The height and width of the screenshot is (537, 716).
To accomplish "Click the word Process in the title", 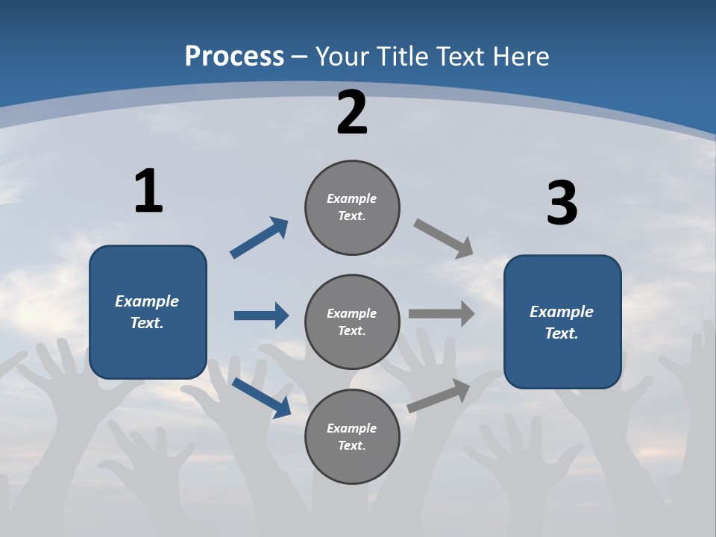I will [x=234, y=57].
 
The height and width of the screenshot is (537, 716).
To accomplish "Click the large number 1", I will [x=148, y=192].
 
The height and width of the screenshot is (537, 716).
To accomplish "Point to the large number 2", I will [x=352, y=113].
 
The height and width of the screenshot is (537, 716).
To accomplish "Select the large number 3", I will [x=562, y=204].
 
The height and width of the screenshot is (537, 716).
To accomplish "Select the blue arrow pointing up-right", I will [x=260, y=238].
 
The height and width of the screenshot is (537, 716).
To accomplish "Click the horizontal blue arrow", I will [x=261, y=315].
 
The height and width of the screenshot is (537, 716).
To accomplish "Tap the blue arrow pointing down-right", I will [x=261, y=397].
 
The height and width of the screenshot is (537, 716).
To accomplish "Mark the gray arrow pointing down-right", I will [x=444, y=239].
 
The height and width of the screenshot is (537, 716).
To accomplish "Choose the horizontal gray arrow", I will [x=442, y=314].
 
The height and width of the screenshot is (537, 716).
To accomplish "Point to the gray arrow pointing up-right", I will [x=439, y=396].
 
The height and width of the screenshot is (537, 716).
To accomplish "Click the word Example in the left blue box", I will [x=147, y=301].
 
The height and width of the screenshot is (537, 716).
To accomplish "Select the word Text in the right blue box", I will [x=561, y=333].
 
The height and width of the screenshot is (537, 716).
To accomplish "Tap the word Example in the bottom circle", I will [x=352, y=428].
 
